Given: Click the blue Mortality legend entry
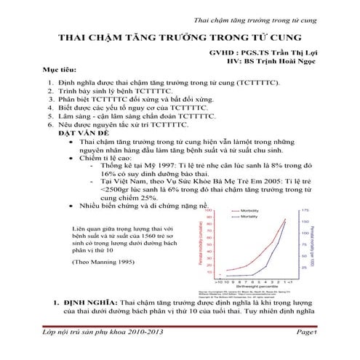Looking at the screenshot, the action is [250, 217].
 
